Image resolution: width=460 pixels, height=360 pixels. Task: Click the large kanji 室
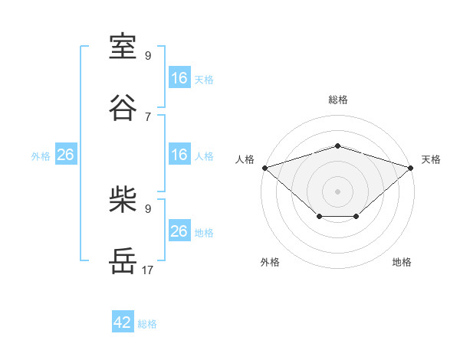pyautogui.click(x=123, y=46)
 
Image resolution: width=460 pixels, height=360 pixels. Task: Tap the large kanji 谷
pyautogui.click(x=123, y=107)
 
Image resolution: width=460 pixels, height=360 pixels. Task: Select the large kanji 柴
pyautogui.click(x=123, y=199)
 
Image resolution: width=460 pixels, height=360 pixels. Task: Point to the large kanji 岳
pyautogui.click(x=123, y=260)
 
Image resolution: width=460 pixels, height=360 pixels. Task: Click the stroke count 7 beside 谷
pyautogui.click(x=148, y=117)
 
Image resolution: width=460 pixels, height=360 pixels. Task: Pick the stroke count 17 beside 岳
pyautogui.click(x=147, y=270)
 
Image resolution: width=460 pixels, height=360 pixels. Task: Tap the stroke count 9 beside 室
pyautogui.click(x=148, y=55)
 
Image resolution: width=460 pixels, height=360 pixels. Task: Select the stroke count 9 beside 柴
pyautogui.click(x=148, y=209)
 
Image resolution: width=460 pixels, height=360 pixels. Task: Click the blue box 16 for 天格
pyautogui.click(x=179, y=77)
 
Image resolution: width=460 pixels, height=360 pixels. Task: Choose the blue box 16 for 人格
pyautogui.click(x=179, y=154)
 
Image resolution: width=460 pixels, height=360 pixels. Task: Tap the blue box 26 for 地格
pyautogui.click(x=179, y=230)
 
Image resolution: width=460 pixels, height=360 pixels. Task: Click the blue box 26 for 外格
pyautogui.click(x=66, y=154)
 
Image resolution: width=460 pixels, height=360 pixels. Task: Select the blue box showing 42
pyautogui.click(x=123, y=321)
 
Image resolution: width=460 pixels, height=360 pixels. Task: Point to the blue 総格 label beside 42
pyautogui.click(x=147, y=324)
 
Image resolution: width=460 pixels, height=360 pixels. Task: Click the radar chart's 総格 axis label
pyautogui.click(x=338, y=100)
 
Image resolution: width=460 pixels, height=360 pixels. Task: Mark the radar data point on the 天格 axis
pyautogui.click(x=410, y=168)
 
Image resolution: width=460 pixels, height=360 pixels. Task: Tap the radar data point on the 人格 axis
pyautogui.click(x=265, y=168)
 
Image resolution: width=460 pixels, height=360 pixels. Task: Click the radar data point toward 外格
pyautogui.click(x=320, y=216)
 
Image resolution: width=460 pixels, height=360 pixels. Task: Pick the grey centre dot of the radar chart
pyautogui.click(x=337, y=191)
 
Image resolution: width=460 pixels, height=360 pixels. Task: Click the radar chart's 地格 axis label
pyautogui.click(x=402, y=262)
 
